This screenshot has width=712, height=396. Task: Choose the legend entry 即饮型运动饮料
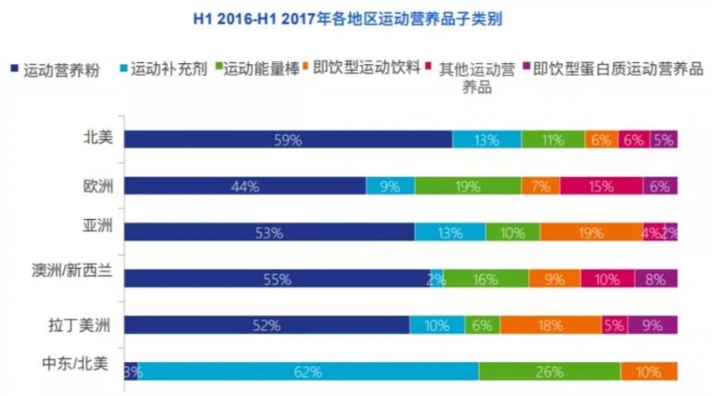tap(364, 69)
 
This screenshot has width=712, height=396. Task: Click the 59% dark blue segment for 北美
tap(287, 139)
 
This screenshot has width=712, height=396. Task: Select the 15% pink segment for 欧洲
tap(602, 185)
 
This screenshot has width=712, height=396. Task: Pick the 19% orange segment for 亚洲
tap(590, 231)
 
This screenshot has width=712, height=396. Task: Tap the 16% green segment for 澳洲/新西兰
tap(485, 279)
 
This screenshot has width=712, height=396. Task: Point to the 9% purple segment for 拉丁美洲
tap(651, 325)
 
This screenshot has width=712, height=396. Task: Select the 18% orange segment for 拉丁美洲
tap(550, 325)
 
